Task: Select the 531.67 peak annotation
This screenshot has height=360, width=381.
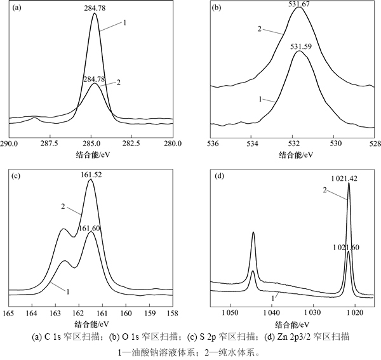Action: coord(299,4)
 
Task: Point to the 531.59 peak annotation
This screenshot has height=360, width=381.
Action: coord(299,46)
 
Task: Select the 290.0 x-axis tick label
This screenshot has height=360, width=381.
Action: coord(9,143)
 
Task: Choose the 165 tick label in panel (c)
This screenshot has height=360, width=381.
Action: coord(9,313)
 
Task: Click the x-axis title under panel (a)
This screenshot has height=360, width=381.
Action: coord(91,154)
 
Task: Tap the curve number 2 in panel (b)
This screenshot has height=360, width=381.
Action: coord(259,29)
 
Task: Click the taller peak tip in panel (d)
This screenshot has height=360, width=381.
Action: coord(349,185)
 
